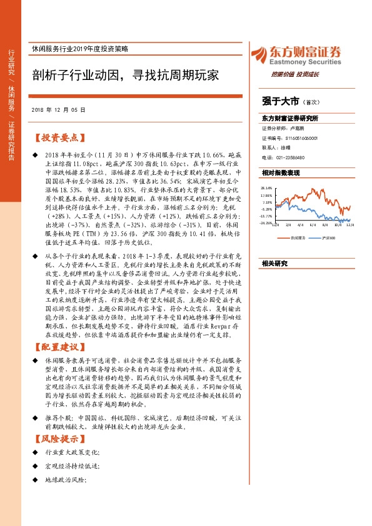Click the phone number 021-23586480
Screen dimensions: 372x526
[x=289, y=157]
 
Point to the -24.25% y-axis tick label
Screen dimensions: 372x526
[x=266, y=222]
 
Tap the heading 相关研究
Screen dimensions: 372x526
[x=274, y=264]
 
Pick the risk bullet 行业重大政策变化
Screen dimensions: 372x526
[x=73, y=452]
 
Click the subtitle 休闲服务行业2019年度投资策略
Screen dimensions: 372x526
[x=88, y=50]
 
